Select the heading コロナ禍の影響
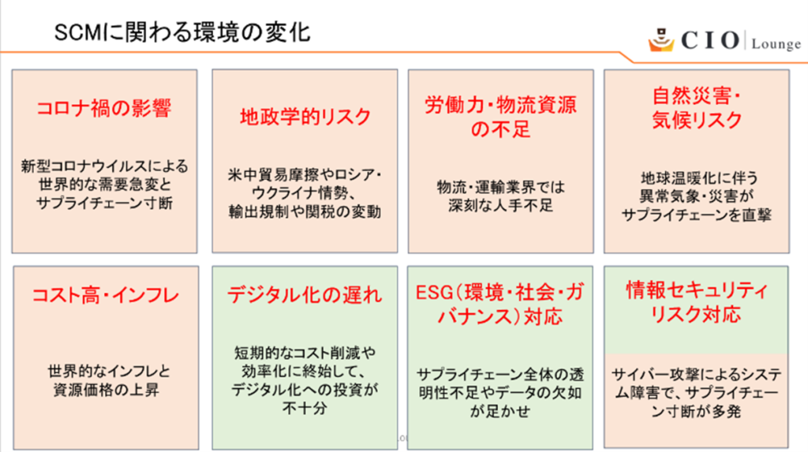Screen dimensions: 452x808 [x=104, y=110]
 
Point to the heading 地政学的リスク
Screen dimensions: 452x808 [x=305, y=117]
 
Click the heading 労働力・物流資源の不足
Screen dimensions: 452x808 [x=500, y=117]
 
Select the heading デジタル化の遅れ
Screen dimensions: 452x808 [x=305, y=296]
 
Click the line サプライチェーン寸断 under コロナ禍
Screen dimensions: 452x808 [x=104, y=203]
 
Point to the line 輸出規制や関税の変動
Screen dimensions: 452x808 [x=305, y=211]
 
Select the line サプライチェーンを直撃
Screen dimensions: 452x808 [x=696, y=214]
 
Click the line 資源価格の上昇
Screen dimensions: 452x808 [x=104, y=389]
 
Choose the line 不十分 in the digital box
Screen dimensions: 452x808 [x=305, y=409]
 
